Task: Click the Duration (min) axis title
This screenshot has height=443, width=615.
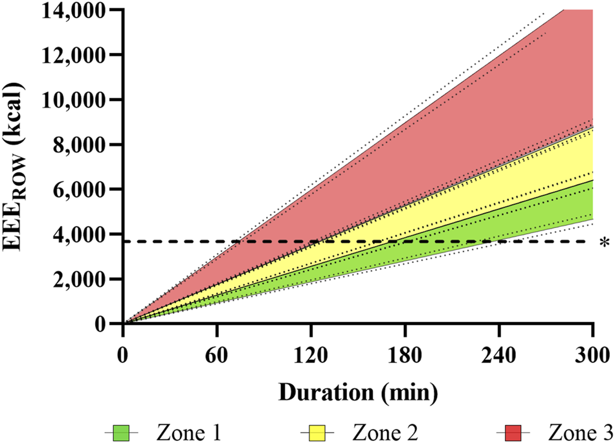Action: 358,392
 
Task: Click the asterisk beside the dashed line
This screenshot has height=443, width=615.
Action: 604,244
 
